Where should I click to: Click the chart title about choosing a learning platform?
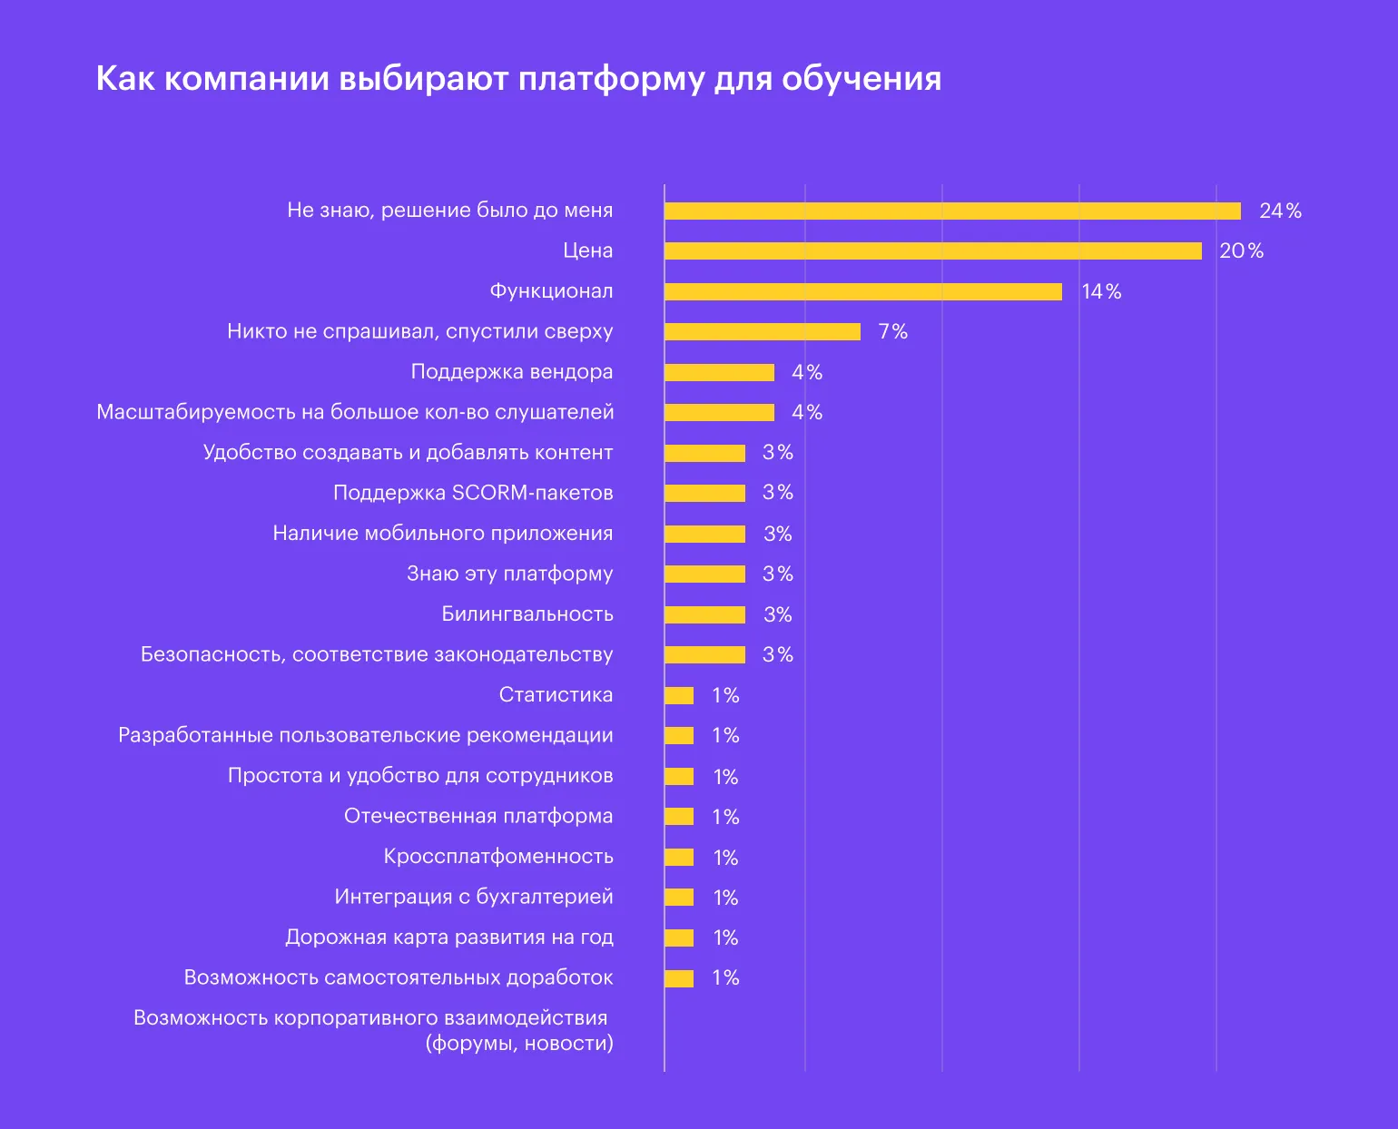click(x=518, y=78)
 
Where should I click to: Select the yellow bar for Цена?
click(x=932, y=251)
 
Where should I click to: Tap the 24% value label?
click(x=1280, y=211)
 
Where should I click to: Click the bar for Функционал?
click(x=862, y=291)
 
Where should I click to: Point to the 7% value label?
click(x=892, y=331)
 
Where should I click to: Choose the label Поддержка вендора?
click(x=511, y=372)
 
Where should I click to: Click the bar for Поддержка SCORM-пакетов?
click(x=704, y=493)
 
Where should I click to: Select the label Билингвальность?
click(x=527, y=614)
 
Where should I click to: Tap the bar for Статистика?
click(x=679, y=695)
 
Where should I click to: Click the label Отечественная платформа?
click(x=477, y=816)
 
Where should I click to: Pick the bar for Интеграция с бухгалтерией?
click(x=679, y=898)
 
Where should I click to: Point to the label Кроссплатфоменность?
click(x=497, y=857)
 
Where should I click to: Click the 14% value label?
click(x=1101, y=291)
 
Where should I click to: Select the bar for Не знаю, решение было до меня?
click(x=952, y=211)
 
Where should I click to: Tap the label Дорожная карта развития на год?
click(x=448, y=938)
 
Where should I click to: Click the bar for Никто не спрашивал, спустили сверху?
click(x=762, y=331)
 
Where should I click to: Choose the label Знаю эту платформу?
click(x=509, y=574)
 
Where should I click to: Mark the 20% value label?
click(x=1241, y=251)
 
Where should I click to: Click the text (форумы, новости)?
click(x=519, y=1044)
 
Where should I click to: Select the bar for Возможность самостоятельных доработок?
click(x=679, y=978)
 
